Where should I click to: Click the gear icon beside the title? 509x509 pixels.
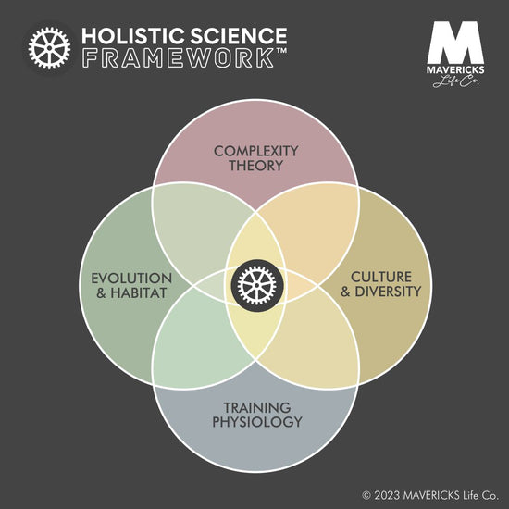pyautogui.click(x=49, y=48)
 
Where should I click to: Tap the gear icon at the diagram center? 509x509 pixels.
pyautogui.click(x=256, y=285)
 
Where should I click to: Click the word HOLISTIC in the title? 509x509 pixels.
pyautogui.click(x=133, y=36)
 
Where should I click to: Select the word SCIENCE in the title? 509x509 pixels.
pyautogui.click(x=239, y=36)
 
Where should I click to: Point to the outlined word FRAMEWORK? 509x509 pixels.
pyautogui.click(x=178, y=58)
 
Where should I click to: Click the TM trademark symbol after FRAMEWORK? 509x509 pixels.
pyautogui.click(x=281, y=51)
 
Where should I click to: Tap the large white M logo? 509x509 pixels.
pyautogui.click(x=455, y=43)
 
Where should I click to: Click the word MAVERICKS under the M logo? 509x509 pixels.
pyautogui.click(x=455, y=69)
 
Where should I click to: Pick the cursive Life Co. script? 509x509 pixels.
pyautogui.click(x=455, y=81)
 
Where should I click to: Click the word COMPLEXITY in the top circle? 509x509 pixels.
pyautogui.click(x=256, y=151)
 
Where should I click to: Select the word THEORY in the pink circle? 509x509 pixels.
pyautogui.click(x=256, y=166)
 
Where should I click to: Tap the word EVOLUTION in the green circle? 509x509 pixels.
pyautogui.click(x=131, y=279)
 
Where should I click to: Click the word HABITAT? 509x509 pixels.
pyautogui.click(x=139, y=292)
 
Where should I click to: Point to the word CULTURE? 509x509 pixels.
pyautogui.click(x=381, y=277)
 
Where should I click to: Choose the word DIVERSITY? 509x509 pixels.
pyautogui.click(x=388, y=292)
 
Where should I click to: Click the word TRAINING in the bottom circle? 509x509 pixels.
pyautogui.click(x=257, y=408)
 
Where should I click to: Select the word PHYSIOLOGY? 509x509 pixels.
pyautogui.click(x=257, y=422)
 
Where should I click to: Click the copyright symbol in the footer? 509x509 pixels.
pyautogui.click(x=366, y=496)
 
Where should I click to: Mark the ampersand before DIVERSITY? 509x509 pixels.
pyautogui.click(x=345, y=292)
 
